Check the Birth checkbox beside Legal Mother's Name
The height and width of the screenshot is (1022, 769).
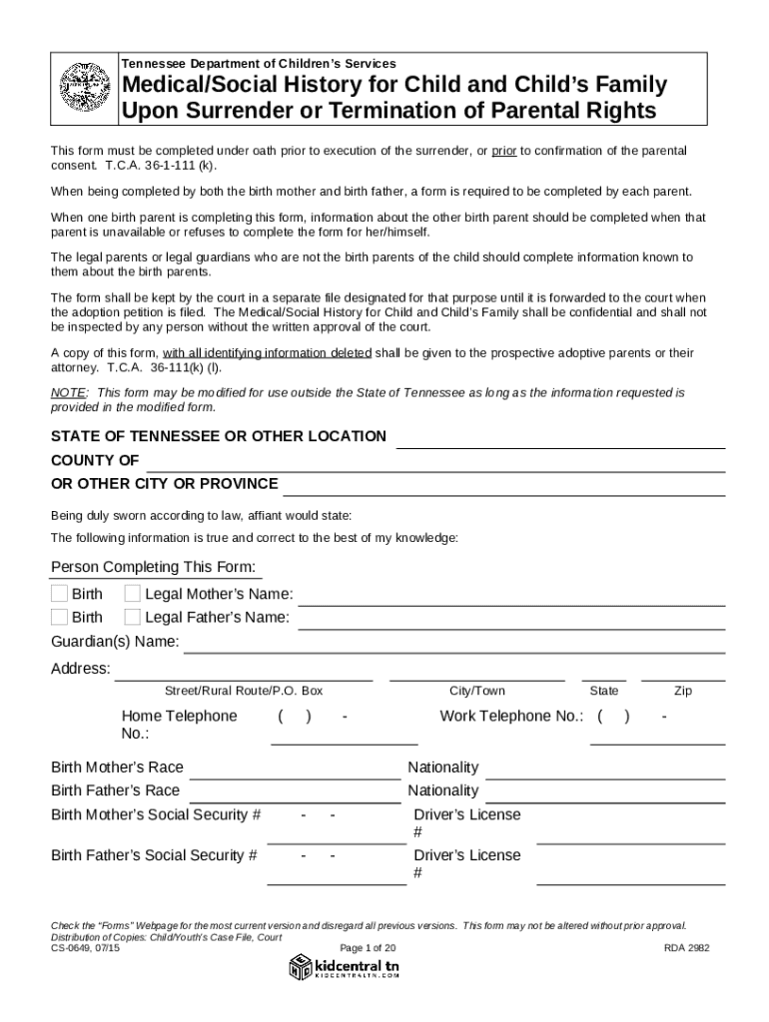[60, 594]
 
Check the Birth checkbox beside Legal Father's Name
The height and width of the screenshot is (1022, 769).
[60, 617]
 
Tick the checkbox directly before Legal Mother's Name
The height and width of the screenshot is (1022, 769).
[132, 594]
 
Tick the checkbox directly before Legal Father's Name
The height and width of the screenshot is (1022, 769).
[132, 617]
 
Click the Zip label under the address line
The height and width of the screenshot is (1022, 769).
[683, 691]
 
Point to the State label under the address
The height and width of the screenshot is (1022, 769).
[604, 691]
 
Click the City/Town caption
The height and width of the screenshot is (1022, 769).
[477, 691]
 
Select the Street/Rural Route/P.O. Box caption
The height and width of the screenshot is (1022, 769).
[244, 691]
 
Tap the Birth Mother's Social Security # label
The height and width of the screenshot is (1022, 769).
[156, 814]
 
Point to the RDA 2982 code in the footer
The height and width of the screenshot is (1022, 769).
[686, 948]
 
